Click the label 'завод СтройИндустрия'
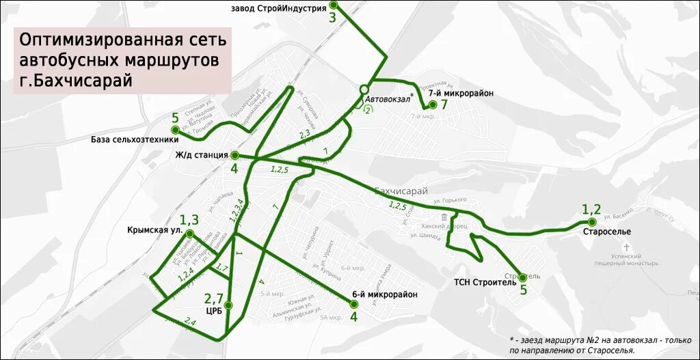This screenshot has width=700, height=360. click(278, 8)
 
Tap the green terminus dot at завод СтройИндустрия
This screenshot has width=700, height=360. click(333, 5)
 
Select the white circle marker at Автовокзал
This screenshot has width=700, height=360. click(364, 89)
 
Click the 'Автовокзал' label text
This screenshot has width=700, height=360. click(388, 100)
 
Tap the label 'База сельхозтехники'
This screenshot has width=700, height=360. click(129, 140)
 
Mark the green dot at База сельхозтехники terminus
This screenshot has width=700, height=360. click(175, 130)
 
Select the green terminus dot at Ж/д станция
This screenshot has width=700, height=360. click(234, 155)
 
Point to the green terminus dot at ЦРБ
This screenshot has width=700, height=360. click(228, 305)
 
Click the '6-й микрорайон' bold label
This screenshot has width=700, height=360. click(384, 294)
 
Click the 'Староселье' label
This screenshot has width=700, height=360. click(607, 232)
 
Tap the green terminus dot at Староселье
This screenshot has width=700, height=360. click(592, 222)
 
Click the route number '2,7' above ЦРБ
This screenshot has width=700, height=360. click(214, 298)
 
